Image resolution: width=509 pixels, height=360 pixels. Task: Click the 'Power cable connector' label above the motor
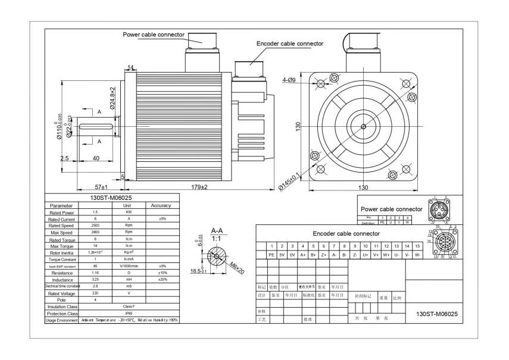154,35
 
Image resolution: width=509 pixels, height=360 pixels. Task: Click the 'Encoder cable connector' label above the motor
289,43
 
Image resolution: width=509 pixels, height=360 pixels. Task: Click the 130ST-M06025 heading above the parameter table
111,199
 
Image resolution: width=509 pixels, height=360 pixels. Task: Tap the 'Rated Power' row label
61,212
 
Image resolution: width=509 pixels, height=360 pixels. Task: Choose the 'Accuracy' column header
161,205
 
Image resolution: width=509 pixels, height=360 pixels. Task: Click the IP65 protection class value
129,313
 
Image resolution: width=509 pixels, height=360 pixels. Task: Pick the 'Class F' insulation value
129,306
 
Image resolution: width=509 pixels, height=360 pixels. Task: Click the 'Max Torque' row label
61,246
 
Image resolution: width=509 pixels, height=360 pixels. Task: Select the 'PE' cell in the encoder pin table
271,255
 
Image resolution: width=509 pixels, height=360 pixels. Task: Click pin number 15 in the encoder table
417,246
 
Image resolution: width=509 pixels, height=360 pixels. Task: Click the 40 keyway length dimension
96,158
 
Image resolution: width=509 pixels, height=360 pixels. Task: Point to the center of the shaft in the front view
363,126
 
